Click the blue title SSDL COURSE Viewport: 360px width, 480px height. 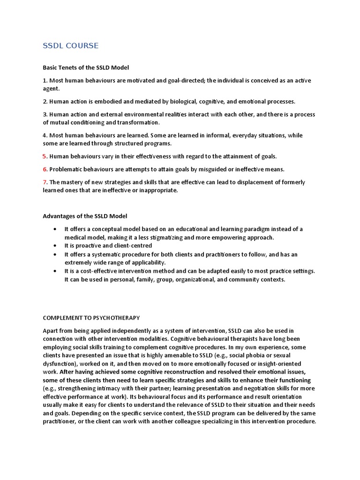click(x=71, y=46)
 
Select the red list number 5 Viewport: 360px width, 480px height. click(x=45, y=156)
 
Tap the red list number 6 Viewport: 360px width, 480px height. click(x=45, y=169)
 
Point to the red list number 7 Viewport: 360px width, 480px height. click(x=45, y=182)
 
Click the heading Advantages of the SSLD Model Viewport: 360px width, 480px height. click(x=85, y=216)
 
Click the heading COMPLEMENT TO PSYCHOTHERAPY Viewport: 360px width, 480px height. click(x=91, y=318)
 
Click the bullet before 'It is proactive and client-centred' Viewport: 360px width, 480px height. click(x=56, y=246)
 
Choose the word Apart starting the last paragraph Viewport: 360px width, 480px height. click(x=51, y=331)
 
